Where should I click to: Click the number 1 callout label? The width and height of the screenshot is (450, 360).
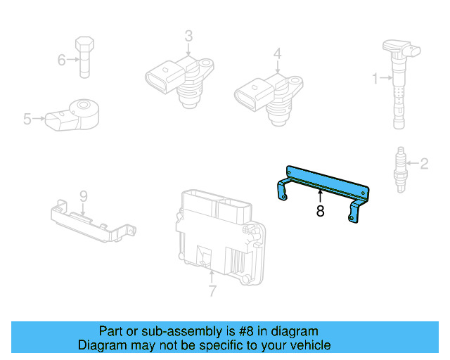coord(375,77)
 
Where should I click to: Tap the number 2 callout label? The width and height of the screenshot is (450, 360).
coord(424,165)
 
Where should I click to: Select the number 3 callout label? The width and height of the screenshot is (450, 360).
coord(188,36)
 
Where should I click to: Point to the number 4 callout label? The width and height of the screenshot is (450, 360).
coord(278,53)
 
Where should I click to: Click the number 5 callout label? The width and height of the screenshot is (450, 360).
coord(27,120)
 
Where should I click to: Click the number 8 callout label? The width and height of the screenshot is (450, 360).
coord(320,211)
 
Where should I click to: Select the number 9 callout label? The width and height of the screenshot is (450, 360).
coord(82,195)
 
